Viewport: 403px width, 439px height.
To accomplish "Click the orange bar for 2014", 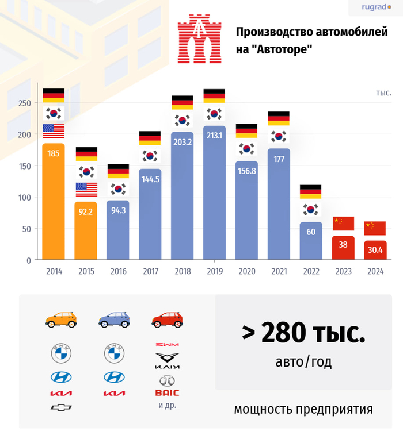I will point(54,201).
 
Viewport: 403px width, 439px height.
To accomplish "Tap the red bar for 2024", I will point(375,251).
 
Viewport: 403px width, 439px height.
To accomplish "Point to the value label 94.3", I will point(118,210).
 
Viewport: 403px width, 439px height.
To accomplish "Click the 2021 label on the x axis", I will point(278,271).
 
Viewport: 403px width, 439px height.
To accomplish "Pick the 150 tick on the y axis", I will point(24,166).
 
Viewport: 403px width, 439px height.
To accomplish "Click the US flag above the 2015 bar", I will point(86,189).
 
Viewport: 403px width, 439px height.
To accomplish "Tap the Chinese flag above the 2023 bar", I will point(343,224).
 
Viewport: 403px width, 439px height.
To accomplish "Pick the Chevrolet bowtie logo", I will point(61,407).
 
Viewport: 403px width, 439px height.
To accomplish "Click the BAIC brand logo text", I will point(167,393).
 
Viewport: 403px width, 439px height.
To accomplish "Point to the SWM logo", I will point(167,345).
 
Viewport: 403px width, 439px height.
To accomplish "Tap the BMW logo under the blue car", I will point(114,353).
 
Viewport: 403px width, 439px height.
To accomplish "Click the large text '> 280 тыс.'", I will point(303,333).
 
